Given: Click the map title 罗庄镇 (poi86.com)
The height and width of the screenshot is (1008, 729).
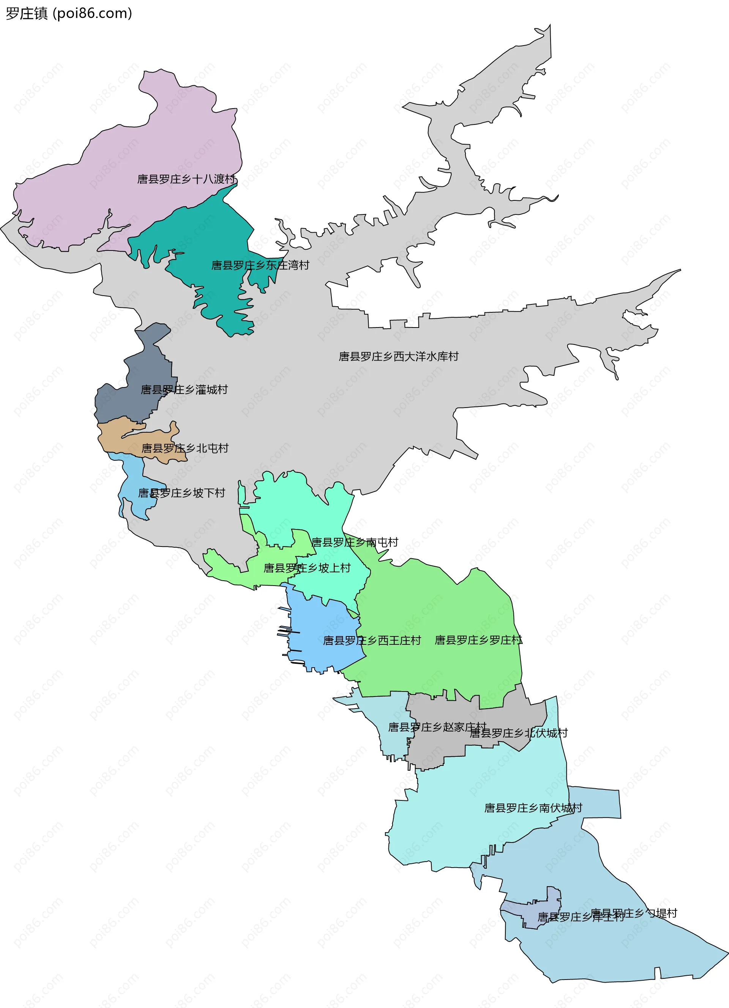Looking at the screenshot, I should tap(69, 13).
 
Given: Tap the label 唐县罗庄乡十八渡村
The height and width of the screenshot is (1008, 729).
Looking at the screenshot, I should tap(186, 179).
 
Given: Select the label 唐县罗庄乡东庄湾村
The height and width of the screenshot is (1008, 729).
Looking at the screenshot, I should tap(260, 265).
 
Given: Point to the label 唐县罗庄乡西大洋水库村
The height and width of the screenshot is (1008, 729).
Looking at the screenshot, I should tap(398, 356).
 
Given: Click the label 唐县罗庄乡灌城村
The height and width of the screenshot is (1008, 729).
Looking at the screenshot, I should tap(184, 390).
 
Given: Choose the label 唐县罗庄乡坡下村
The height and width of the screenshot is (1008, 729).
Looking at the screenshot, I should tap(181, 493).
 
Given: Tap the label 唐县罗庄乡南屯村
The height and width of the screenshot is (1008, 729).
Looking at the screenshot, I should tap(355, 542).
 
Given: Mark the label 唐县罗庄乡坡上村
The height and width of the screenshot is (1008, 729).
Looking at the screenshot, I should tap(307, 568).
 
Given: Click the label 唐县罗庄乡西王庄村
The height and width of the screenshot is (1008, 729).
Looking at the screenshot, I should tap(372, 641).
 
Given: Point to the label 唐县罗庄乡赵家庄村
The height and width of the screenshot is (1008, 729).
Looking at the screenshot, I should tap(437, 727).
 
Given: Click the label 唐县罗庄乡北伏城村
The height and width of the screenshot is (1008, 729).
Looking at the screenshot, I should tap(518, 733).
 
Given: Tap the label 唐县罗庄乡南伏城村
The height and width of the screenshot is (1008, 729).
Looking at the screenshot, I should tap(533, 808).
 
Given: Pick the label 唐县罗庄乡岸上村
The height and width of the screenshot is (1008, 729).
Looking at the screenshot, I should tap(581, 917).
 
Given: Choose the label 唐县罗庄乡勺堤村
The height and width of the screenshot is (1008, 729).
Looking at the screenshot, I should tap(634, 913).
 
